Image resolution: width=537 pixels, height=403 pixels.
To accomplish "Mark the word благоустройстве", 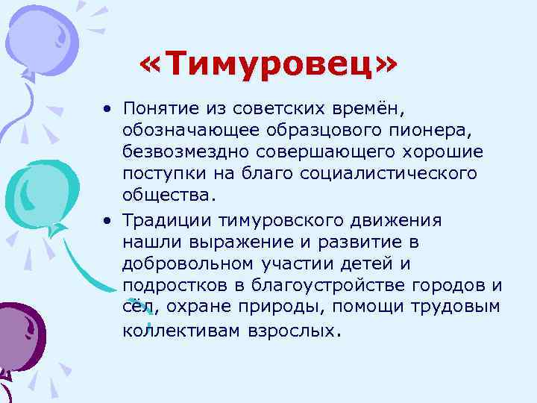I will click(320, 285).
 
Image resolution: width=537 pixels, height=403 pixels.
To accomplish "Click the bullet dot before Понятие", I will click(109, 110).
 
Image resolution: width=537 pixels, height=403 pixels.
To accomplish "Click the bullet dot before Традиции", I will click(109, 221).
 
